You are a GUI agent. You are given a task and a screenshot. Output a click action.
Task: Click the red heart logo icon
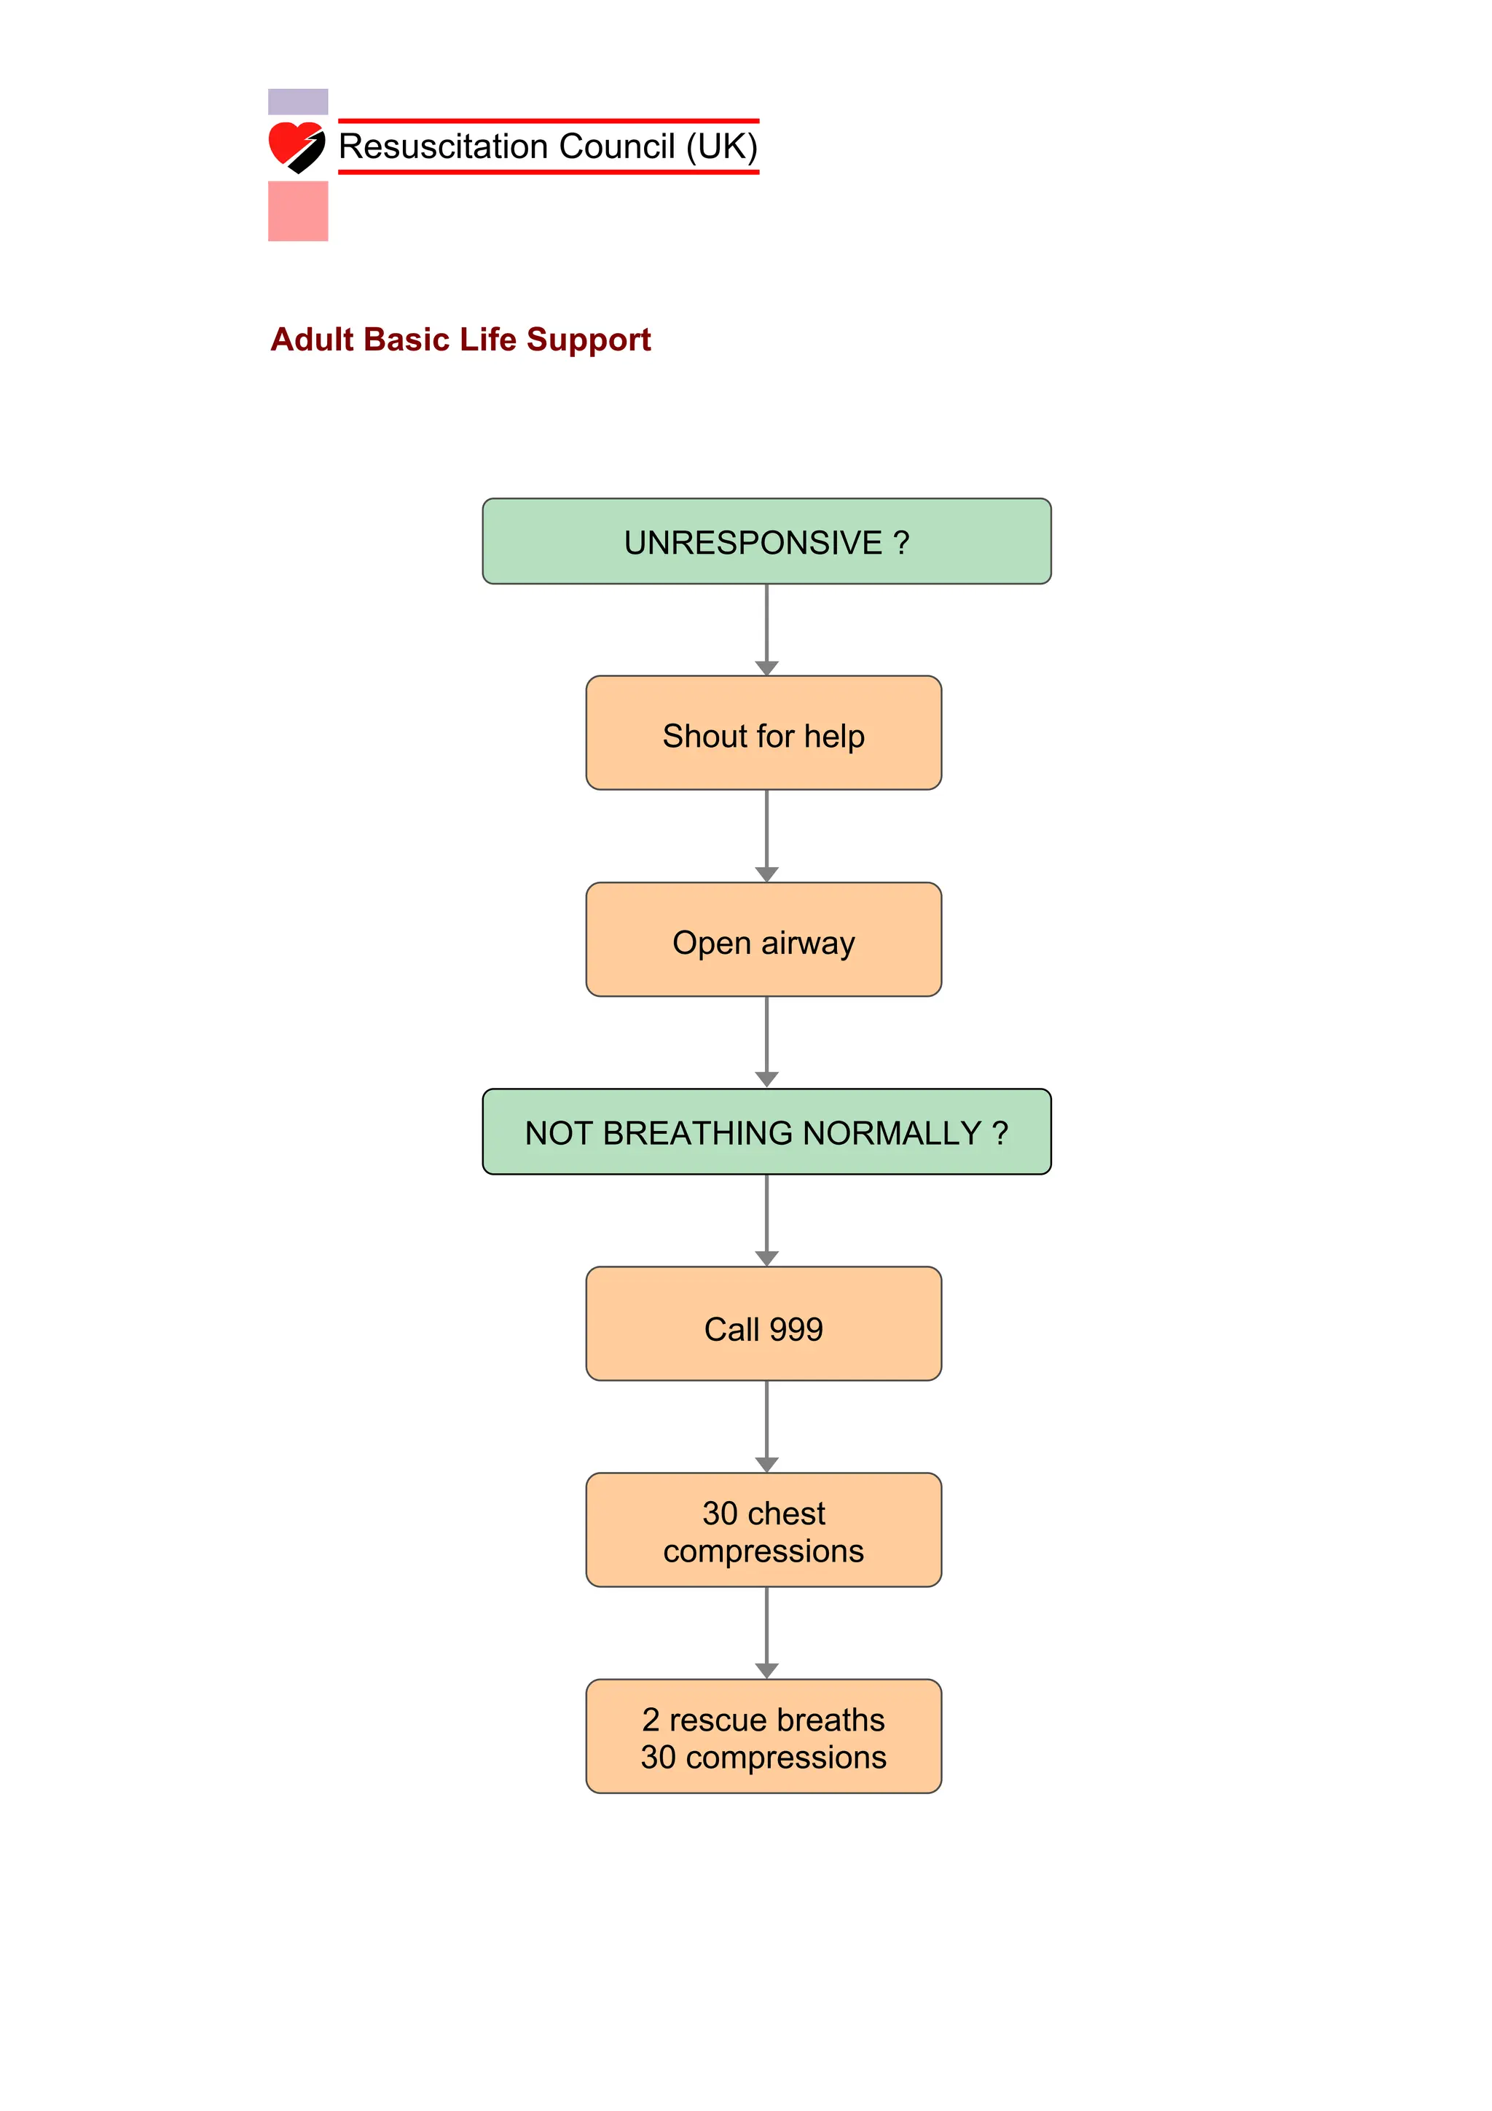(295, 146)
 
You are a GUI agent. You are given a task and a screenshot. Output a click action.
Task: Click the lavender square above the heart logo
(298, 101)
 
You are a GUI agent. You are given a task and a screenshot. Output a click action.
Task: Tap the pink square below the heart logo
(298, 211)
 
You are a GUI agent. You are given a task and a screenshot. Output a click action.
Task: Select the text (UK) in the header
(722, 147)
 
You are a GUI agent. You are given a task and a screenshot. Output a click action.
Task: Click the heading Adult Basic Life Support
(460, 340)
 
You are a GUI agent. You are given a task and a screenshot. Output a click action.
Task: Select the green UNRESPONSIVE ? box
(766, 541)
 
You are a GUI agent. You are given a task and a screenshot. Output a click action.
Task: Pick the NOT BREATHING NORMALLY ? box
(766, 1132)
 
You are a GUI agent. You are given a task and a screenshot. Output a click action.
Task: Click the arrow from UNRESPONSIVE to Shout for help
(766, 630)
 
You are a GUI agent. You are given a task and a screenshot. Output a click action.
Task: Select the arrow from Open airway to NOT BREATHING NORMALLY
(766, 1042)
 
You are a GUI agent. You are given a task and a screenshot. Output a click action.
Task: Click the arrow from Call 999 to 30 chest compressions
(766, 1426)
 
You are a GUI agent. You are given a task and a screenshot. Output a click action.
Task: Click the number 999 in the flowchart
(796, 1330)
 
